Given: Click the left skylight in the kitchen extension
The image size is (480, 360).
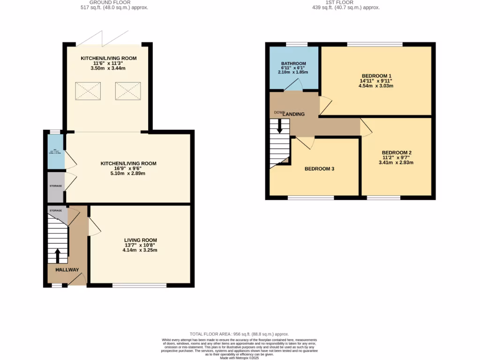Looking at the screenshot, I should [88, 90].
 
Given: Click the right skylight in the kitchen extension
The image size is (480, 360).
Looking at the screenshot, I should [127, 90].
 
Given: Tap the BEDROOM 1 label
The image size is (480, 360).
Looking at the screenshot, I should [376, 76].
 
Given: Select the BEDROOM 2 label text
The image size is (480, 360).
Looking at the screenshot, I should [397, 153].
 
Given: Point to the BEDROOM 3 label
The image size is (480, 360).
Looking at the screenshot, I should [319, 169].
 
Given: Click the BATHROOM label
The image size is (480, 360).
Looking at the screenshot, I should [293, 64].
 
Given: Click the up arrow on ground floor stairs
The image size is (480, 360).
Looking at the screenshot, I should [58, 255].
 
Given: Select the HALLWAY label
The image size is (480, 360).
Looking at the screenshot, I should [67, 270].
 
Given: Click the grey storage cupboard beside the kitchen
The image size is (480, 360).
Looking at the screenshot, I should [56, 187].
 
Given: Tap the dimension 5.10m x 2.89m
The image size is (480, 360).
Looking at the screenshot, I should [128, 173].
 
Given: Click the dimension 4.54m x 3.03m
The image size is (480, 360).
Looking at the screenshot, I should [376, 86].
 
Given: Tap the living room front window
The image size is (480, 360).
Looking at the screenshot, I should [139, 285].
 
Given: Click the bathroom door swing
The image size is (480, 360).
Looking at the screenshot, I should [293, 84].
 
